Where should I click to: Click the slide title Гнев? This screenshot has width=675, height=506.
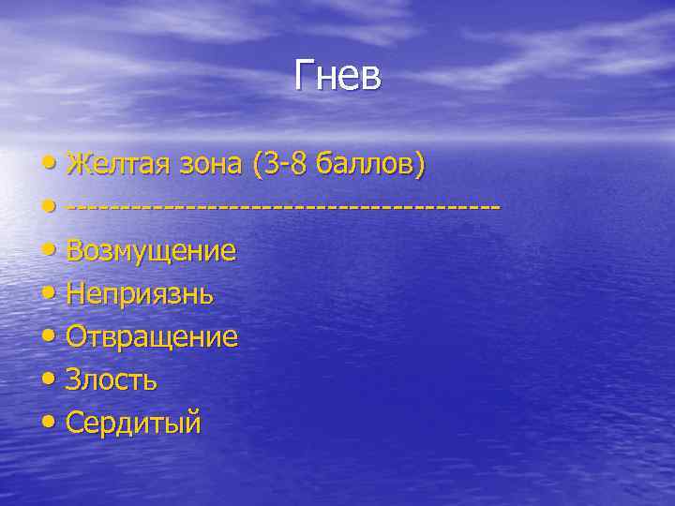point(337,76)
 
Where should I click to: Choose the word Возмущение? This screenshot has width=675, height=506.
point(150,251)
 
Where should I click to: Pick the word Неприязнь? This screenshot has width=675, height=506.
point(140,294)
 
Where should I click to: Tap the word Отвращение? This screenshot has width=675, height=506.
point(152,337)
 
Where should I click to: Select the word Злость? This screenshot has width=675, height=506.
point(112,380)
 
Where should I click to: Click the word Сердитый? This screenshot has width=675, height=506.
point(133,424)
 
